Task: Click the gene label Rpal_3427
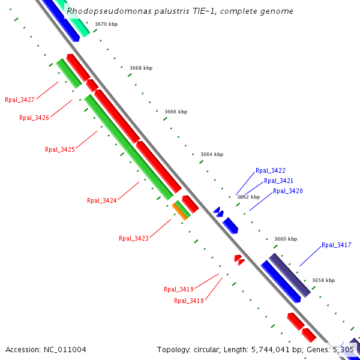[x=19, y=100]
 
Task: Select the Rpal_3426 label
[x=34, y=118]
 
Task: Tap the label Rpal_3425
[x=59, y=149]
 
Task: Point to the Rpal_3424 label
[x=101, y=201]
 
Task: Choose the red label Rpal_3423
[x=133, y=238]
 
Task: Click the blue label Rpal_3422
[x=270, y=171]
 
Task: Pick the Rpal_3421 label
[x=278, y=181]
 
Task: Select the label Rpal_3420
[x=287, y=191]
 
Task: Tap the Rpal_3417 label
[x=336, y=245]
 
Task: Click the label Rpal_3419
[x=178, y=289]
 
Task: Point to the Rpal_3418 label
[x=188, y=301]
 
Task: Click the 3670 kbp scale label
[x=106, y=24]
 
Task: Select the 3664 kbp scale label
[x=211, y=154]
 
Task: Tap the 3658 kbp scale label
[x=323, y=280]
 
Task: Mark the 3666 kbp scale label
[x=175, y=112]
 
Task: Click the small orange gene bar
[x=179, y=211]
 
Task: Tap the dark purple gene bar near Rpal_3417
[x=290, y=275]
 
